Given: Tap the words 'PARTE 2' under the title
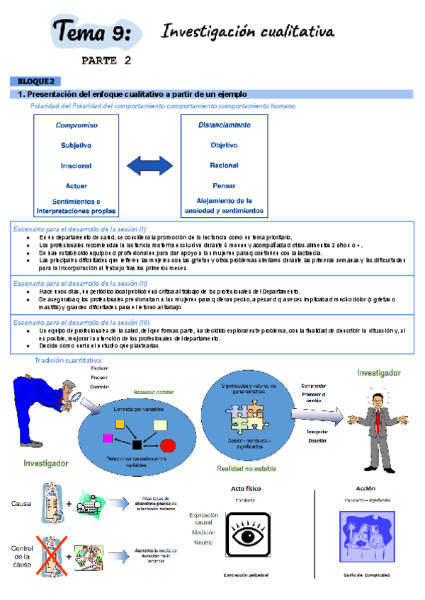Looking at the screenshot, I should tap(106, 61).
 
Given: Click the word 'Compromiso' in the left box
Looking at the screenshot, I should tap(76, 125).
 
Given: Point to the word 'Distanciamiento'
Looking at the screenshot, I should tap(225, 125).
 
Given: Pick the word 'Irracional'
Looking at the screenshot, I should tap(76, 166).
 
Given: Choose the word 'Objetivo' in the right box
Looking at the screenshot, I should tap(225, 145).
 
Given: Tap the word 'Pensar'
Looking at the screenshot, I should tap(225, 185).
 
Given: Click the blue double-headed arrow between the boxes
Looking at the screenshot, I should tap(151, 168).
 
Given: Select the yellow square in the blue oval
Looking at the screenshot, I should tap(120, 424).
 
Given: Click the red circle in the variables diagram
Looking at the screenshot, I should tap(168, 445).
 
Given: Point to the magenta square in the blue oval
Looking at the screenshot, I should tap(108, 438).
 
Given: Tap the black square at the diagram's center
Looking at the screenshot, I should tap(137, 444).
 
